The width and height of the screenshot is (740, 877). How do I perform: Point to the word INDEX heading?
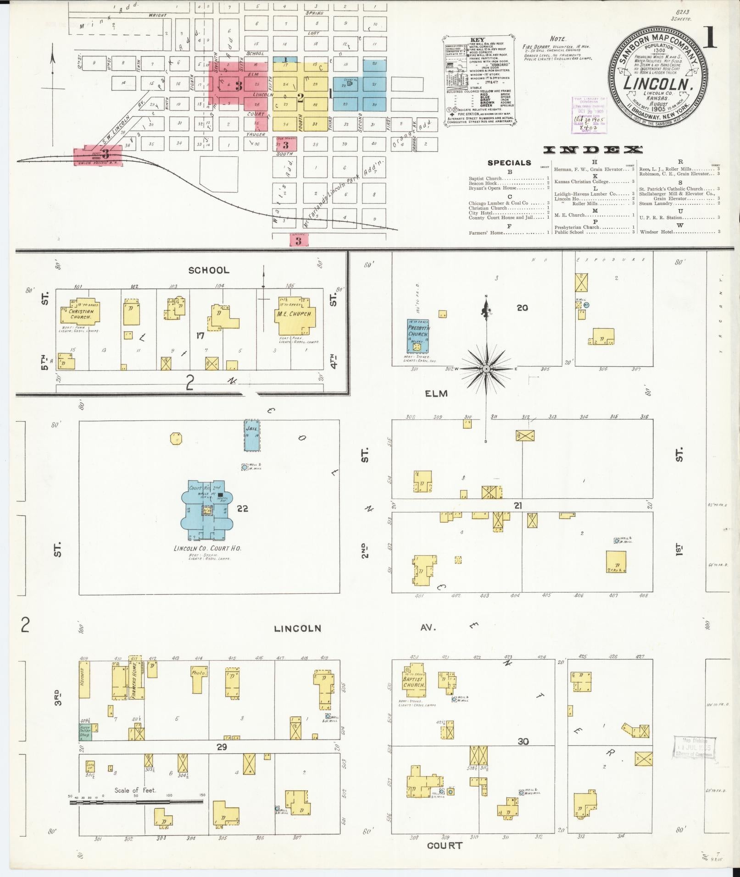coord(593,150)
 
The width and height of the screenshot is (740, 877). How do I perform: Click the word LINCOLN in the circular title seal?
coord(657,84)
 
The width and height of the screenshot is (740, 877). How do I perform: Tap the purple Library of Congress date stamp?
coord(589,115)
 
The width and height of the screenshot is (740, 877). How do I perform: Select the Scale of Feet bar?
coord(136,802)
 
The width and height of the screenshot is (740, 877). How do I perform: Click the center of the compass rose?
coord(486,368)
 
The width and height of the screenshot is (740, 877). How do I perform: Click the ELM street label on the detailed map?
coord(436,393)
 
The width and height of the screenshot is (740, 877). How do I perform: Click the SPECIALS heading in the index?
coord(509,163)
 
